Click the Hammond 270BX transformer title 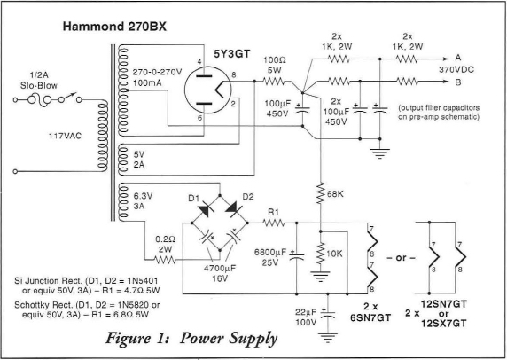[x=114, y=27]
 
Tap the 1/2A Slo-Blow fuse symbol [x=40, y=99]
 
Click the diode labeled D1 [x=206, y=209]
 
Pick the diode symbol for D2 [x=233, y=209]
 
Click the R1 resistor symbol [x=273, y=223]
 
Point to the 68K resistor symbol [x=321, y=193]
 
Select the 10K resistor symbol [x=321, y=254]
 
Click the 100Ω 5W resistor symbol [x=275, y=81]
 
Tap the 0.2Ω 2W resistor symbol [x=165, y=260]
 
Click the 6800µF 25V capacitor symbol [x=297, y=256]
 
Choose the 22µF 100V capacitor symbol [x=328, y=315]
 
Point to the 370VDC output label [x=456, y=70]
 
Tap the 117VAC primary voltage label [x=65, y=136]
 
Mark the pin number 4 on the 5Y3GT [x=199, y=61]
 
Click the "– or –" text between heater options [x=401, y=258]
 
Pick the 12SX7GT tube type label [x=444, y=323]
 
